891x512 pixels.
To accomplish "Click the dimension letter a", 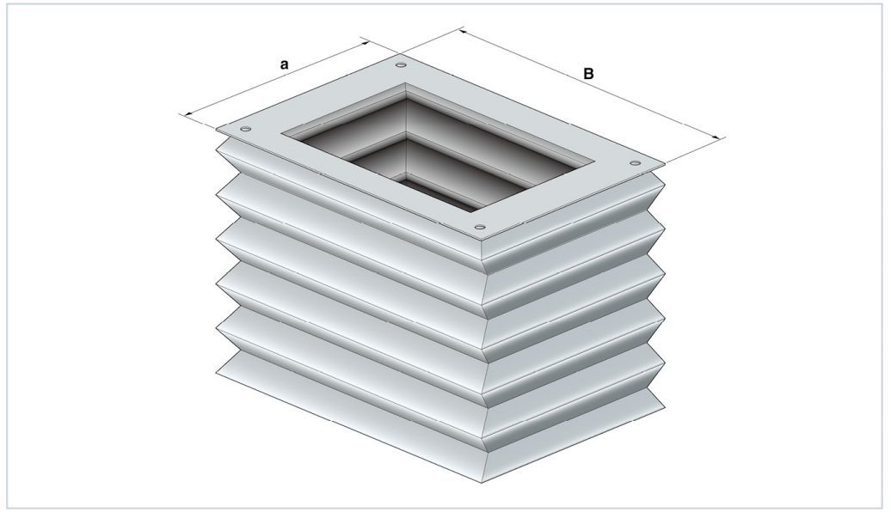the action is (x=285, y=64).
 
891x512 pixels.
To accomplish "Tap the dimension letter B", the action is (x=588, y=74).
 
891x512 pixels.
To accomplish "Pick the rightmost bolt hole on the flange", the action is (x=635, y=163).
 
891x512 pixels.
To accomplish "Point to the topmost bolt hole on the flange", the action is (x=401, y=65).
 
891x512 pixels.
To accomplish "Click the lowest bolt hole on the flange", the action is (x=480, y=228).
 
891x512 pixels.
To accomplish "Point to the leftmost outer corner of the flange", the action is (x=216, y=131).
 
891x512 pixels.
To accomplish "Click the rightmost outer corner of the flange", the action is (x=664, y=165).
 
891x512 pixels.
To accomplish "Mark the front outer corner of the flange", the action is (x=482, y=240).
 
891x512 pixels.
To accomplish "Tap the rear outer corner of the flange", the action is (x=398, y=55).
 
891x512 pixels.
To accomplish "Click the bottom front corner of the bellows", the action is (x=482, y=483).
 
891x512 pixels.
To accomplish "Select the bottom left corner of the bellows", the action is (x=217, y=373).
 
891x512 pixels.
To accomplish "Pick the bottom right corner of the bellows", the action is (x=664, y=407).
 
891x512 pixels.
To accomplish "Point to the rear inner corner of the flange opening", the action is (x=405, y=82).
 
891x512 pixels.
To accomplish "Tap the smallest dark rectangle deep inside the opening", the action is (x=438, y=192).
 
